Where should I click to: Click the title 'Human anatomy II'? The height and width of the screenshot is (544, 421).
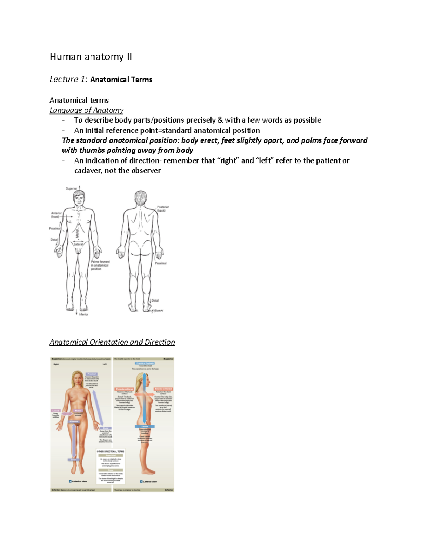(x=91, y=57)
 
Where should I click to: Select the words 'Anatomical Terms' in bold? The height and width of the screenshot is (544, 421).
(x=121, y=80)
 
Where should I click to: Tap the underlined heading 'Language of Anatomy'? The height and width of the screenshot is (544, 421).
(x=86, y=110)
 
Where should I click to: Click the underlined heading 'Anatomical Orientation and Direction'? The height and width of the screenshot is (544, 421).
(x=112, y=342)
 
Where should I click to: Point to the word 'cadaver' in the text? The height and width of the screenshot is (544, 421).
(x=88, y=171)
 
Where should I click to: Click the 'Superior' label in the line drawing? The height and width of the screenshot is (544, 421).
(x=71, y=188)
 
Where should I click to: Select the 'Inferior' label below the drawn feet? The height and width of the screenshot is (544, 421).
(x=83, y=314)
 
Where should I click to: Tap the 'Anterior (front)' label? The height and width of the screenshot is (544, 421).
(x=56, y=215)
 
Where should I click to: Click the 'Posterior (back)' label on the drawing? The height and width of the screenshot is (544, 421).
(x=163, y=209)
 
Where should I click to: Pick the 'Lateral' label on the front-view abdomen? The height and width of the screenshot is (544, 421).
(x=78, y=245)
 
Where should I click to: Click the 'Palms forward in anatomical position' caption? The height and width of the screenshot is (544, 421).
(x=100, y=265)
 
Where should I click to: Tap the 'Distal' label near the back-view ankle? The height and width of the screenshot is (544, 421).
(x=155, y=301)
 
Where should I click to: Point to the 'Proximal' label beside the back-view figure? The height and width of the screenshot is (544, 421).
(x=161, y=263)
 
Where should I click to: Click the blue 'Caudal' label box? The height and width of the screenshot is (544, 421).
(x=145, y=426)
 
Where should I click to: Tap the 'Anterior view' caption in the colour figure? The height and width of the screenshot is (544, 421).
(x=79, y=481)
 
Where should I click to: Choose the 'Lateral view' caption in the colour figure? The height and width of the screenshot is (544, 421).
(x=149, y=482)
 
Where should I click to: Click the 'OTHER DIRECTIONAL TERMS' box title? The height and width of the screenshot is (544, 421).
(x=111, y=452)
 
